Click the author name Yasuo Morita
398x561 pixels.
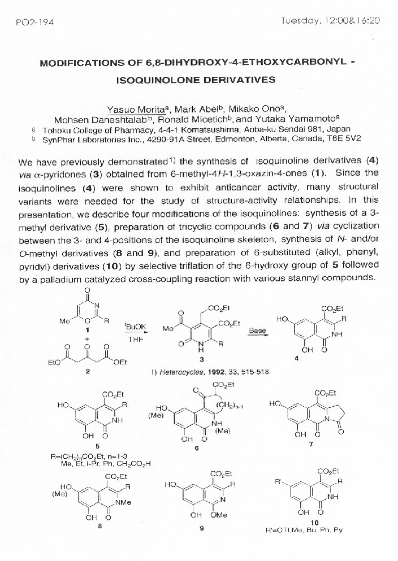pos(134,109)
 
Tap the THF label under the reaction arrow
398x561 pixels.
pos(135,340)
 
